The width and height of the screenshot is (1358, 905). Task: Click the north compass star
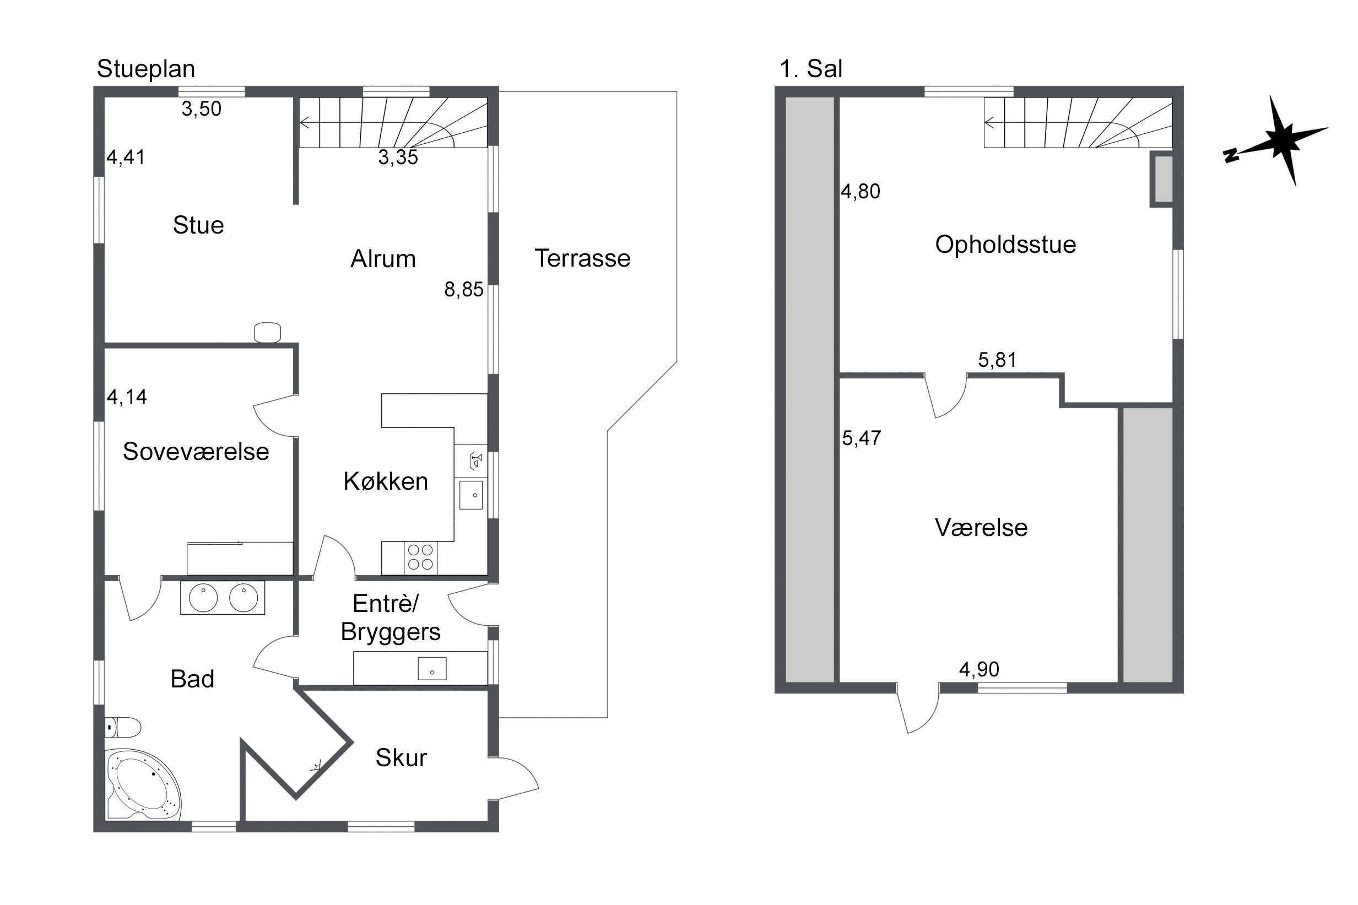tap(1282, 141)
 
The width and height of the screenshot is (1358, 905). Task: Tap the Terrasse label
tap(582, 258)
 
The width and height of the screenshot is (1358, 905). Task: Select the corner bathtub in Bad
tap(143, 785)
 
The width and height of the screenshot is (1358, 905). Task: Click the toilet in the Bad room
tap(123, 727)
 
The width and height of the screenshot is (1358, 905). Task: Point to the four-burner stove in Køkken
tap(420, 557)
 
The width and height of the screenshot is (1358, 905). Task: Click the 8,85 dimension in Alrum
tap(463, 289)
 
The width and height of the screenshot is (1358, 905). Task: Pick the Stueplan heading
tap(146, 69)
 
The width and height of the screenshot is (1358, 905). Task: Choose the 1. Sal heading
tap(810, 69)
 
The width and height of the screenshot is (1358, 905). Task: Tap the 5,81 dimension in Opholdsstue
tap(997, 360)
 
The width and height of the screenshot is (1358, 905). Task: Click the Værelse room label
tap(981, 528)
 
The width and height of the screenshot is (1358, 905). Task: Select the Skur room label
tap(401, 757)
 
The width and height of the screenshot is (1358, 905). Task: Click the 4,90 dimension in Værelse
tap(979, 669)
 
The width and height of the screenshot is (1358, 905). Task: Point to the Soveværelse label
tap(196, 451)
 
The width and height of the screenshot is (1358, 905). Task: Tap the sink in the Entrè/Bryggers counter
tap(432, 668)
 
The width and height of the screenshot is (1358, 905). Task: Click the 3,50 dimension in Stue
tap(202, 109)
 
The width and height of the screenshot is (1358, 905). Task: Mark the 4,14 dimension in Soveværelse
tap(127, 397)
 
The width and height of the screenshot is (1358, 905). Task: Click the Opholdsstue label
tap(1005, 245)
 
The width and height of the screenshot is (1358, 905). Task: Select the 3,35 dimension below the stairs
tap(398, 157)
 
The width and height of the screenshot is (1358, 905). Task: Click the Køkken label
tap(386, 481)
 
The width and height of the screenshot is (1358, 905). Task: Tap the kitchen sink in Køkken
tap(471, 495)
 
